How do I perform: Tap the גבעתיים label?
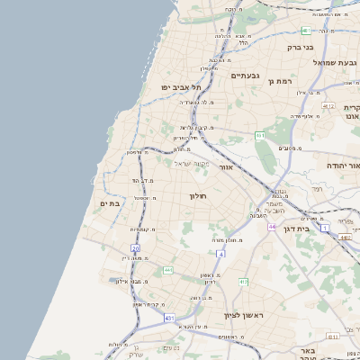click(x=245, y=76)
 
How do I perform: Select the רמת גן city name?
click(x=282, y=81)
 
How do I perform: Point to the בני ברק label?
click(x=300, y=47)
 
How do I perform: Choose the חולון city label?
click(x=198, y=195)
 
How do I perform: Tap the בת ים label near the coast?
click(x=109, y=204)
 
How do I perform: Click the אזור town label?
click(x=227, y=167)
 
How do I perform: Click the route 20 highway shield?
click(x=135, y=247)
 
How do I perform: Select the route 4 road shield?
click(x=220, y=254)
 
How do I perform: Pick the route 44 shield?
click(x=272, y=227)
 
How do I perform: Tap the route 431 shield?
click(x=169, y=318)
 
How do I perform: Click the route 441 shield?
click(x=167, y=270)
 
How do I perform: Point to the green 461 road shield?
click(x=260, y=135)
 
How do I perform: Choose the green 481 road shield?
click(x=307, y=31)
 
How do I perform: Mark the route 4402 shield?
click(x=346, y=238)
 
